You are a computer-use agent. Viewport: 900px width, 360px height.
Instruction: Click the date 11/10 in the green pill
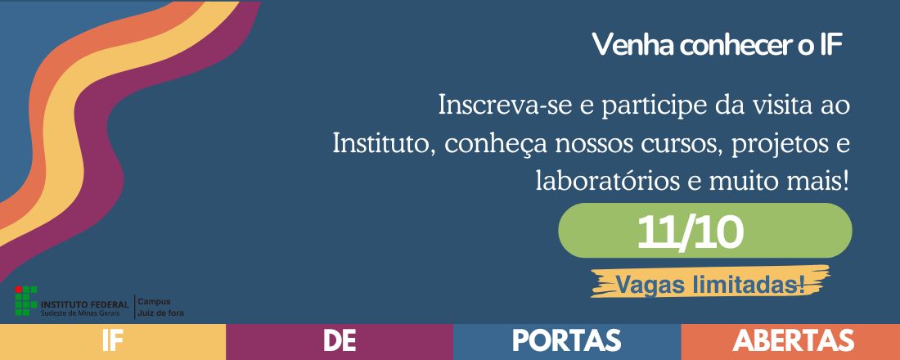pos(691,232)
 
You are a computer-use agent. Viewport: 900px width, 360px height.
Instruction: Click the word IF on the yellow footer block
pos(112,341)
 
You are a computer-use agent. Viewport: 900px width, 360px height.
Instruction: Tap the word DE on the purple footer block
pos(339,341)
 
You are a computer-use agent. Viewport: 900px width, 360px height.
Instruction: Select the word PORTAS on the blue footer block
pos(566,341)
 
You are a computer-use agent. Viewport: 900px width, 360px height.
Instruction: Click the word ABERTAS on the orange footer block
pos(794,341)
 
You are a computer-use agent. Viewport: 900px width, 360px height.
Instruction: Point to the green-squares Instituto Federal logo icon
pos(26,302)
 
